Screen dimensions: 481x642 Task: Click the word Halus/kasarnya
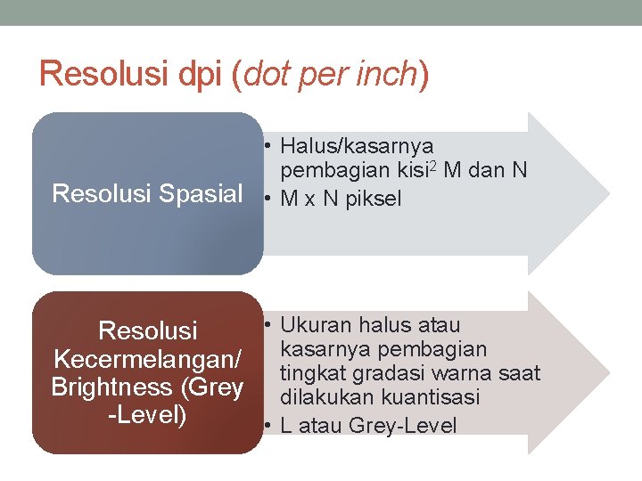357,145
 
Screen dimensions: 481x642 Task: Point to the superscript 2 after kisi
431,166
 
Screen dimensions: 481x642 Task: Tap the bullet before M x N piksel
268,199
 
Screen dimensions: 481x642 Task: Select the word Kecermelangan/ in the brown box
147,360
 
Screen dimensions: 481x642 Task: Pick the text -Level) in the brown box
147,415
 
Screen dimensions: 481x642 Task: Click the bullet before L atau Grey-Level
268,426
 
